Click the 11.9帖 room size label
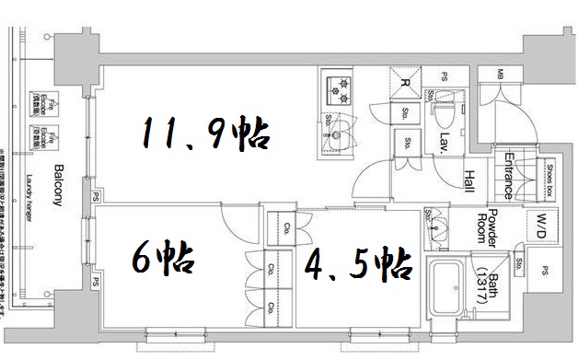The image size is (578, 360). (x=204, y=135)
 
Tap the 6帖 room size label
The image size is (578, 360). (x=163, y=259)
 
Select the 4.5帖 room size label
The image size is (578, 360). (x=358, y=267)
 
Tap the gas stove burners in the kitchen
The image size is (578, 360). (x=340, y=89)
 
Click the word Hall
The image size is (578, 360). (x=469, y=181)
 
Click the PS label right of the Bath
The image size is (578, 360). (x=546, y=271)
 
